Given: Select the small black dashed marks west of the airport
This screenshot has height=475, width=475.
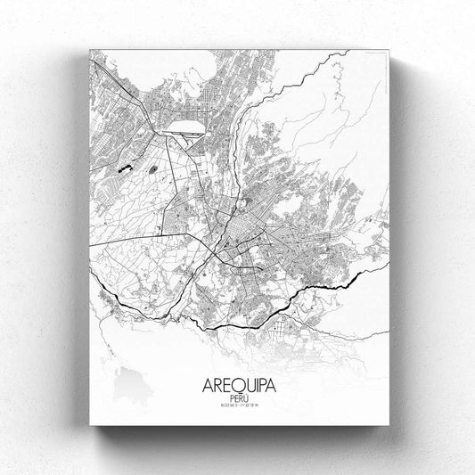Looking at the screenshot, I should coord(124,167).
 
